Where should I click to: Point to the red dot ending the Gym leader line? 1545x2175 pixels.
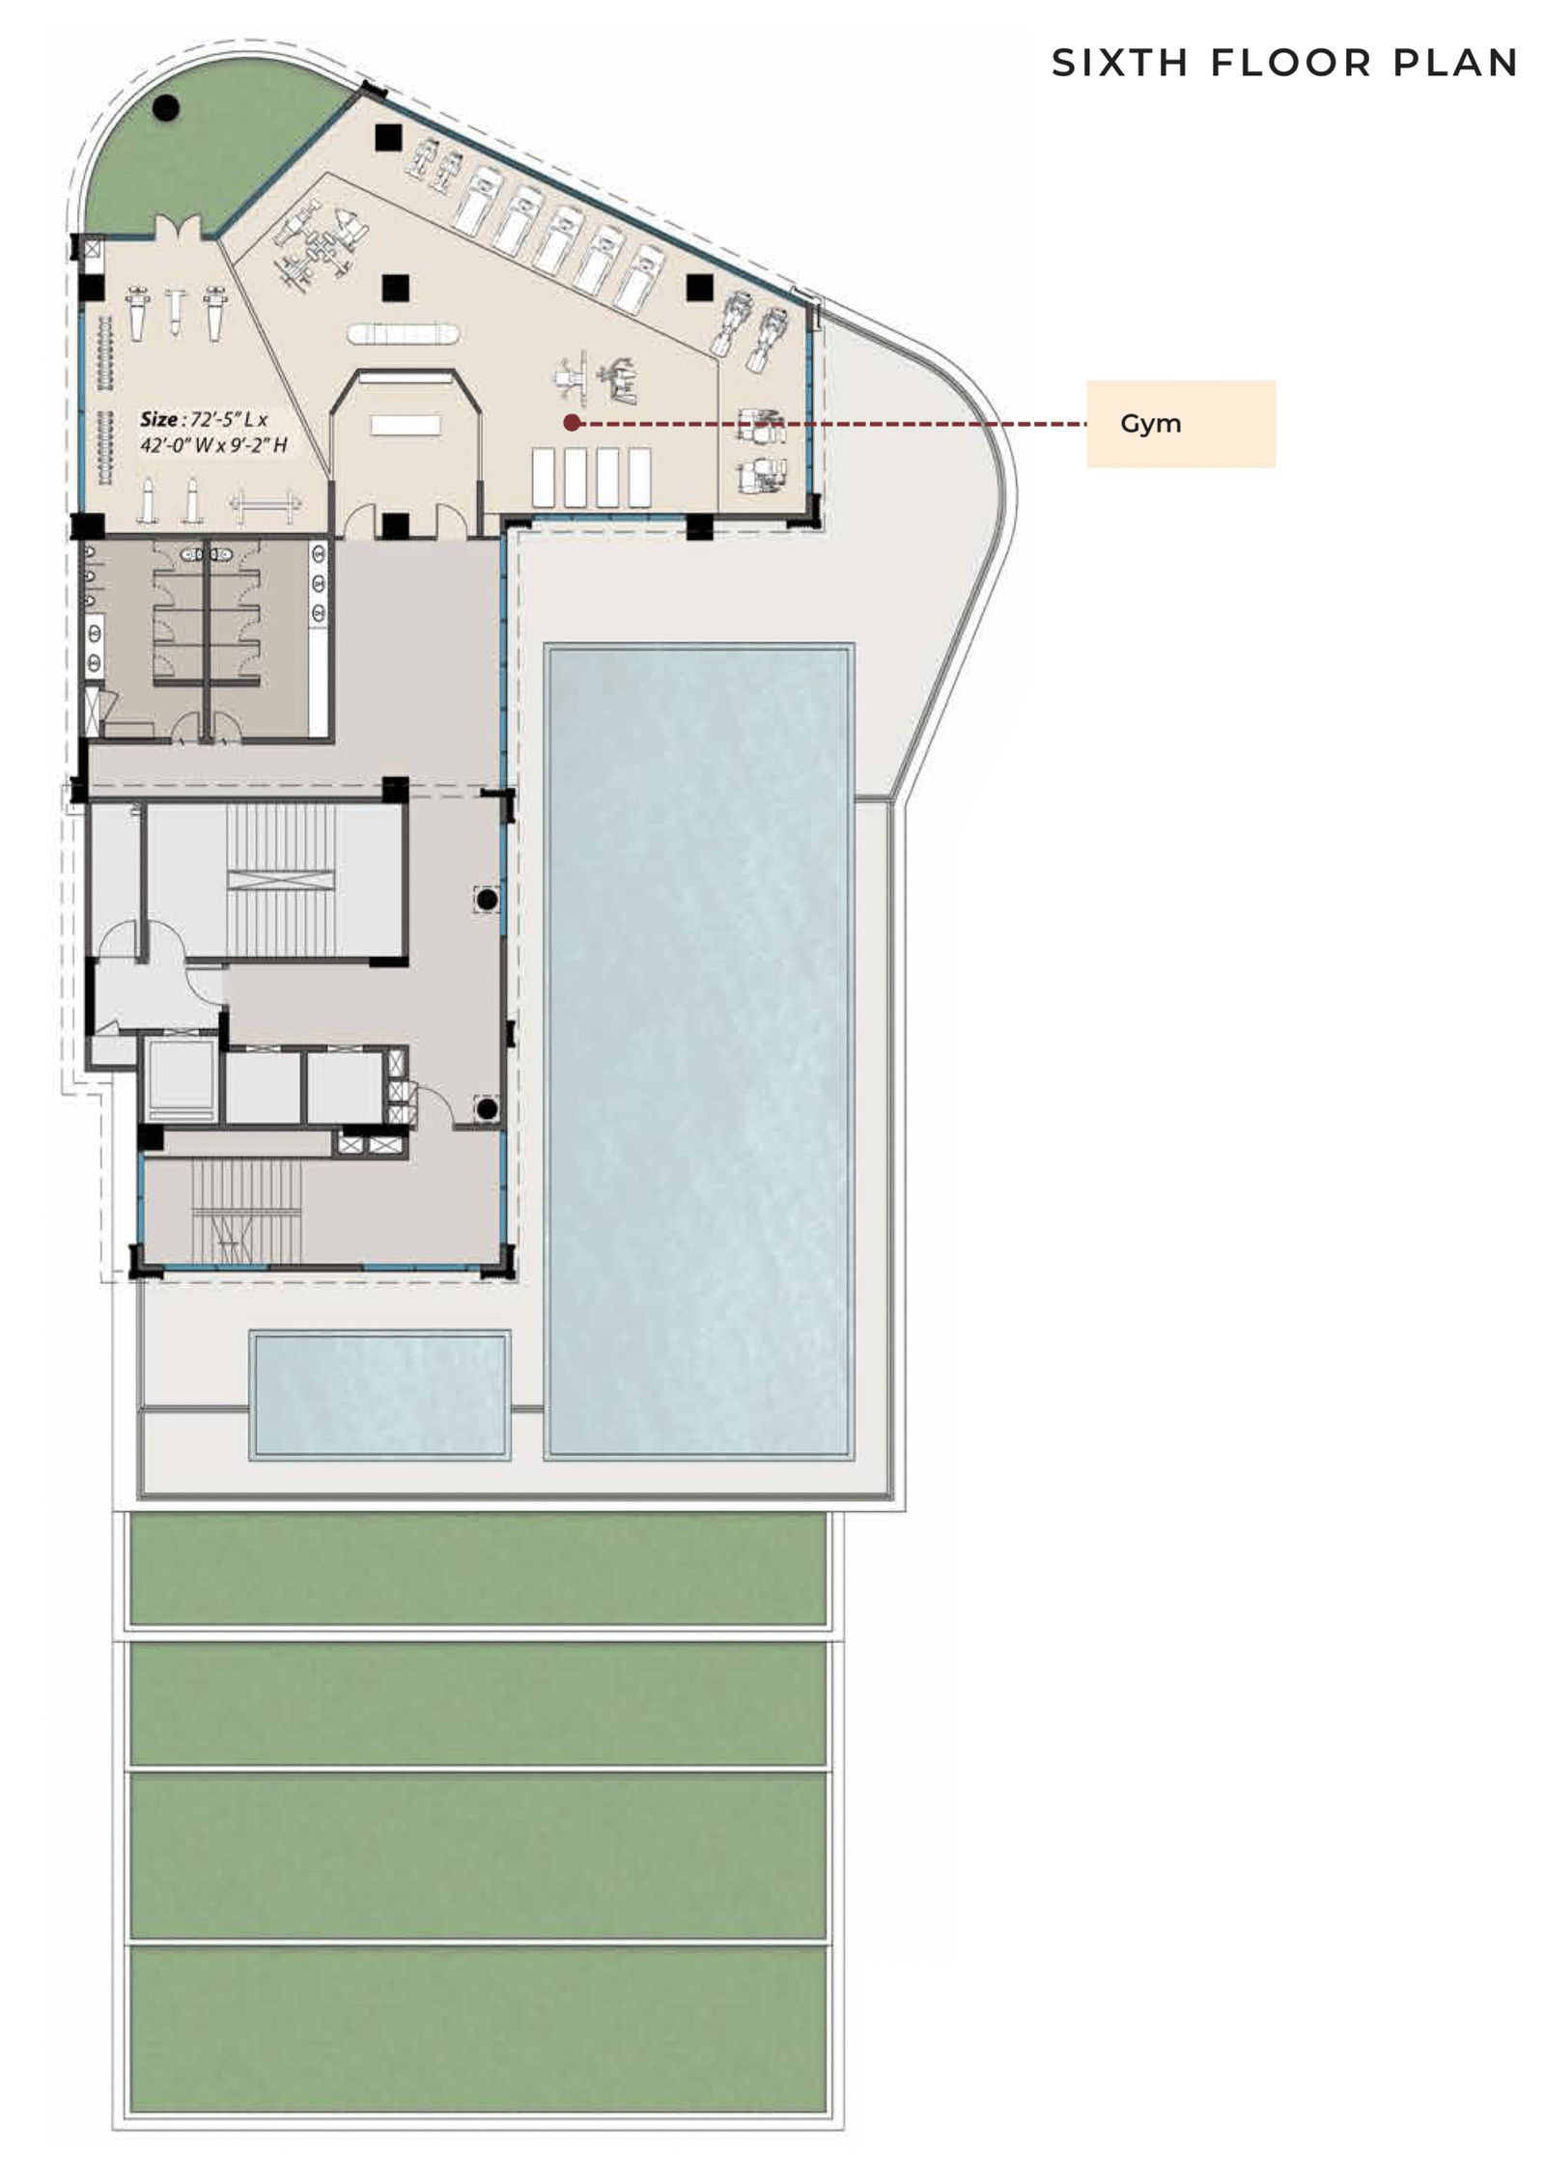coord(571,422)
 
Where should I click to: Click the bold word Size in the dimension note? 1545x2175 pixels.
coord(158,419)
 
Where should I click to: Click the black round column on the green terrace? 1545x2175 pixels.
coord(166,107)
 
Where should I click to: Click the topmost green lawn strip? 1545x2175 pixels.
coord(477,1569)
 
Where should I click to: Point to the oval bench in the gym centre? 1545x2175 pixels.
coord(402,334)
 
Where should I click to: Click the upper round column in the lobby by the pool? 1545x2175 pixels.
coord(487,899)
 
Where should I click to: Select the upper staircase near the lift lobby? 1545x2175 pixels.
coord(280,878)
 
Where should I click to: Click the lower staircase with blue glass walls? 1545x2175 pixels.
coord(246,1211)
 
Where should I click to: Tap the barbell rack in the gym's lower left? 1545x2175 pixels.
coord(265,504)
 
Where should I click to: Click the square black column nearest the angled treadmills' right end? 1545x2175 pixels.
coord(699,287)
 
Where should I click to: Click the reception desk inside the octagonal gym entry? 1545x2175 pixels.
coord(406,425)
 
